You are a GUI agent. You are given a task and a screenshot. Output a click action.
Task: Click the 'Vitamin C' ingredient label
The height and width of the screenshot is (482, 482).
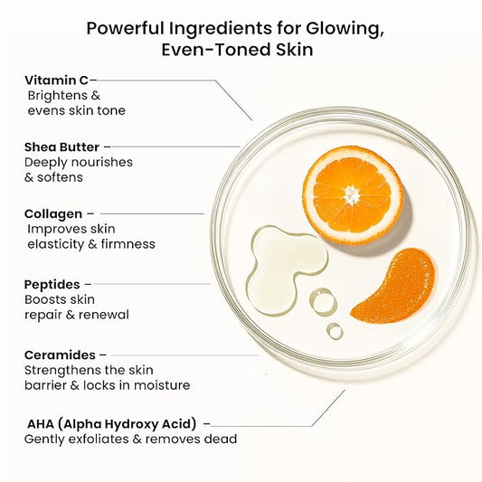pos(57,80)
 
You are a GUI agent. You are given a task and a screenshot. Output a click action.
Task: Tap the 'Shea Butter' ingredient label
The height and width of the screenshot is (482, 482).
pos(61,146)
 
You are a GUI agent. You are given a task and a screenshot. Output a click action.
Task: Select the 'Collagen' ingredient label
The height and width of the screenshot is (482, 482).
pos(53,214)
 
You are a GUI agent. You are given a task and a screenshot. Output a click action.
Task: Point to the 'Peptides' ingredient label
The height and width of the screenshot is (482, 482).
pos(52,284)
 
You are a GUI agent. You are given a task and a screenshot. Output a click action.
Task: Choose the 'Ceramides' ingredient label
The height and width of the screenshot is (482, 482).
pos(60,355)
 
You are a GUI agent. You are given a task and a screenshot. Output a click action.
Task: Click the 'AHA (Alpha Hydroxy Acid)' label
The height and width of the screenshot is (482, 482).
pos(112,424)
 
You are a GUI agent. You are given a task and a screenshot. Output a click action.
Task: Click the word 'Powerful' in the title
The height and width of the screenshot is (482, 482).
pos(125,28)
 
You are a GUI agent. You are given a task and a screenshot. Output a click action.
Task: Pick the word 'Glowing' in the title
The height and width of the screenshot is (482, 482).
pos(345,29)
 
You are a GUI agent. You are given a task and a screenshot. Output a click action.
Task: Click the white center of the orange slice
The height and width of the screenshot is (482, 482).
pos(352,195)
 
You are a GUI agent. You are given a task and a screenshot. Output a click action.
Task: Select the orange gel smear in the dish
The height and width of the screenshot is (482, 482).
pos(393,286)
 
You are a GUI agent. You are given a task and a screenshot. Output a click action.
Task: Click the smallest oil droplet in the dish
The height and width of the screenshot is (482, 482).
pos(335,331)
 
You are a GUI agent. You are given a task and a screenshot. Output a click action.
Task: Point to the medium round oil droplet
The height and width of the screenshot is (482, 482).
pos(323,301)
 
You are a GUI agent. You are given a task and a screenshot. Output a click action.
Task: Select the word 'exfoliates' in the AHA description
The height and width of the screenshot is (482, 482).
pos(99,439)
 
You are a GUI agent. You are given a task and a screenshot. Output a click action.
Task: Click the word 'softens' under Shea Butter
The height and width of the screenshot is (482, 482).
pos(60,177)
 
